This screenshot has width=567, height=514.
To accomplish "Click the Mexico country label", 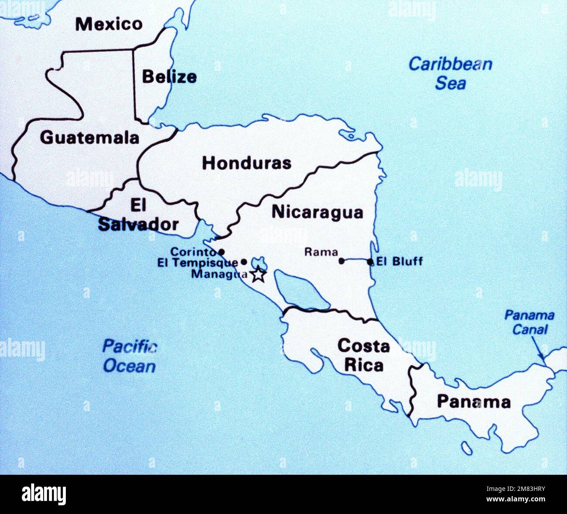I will (x=109, y=24).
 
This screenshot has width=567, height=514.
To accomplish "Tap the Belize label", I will (x=169, y=77).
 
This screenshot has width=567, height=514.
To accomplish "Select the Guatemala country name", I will (x=89, y=138).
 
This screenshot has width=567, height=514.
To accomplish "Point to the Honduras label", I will (x=246, y=163).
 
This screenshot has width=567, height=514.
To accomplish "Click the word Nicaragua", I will (x=317, y=212).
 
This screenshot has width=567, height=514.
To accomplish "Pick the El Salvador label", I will (x=138, y=215).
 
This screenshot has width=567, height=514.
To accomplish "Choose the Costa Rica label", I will (x=363, y=355).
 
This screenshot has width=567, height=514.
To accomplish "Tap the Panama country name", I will (x=474, y=402).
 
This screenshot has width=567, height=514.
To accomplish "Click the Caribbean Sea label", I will (x=450, y=73).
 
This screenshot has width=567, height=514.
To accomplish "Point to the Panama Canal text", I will (x=529, y=322).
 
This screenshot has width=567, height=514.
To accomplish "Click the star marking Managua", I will (x=258, y=275).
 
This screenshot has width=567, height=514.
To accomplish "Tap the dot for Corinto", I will (x=222, y=252).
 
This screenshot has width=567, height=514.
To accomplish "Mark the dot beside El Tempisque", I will (x=244, y=262).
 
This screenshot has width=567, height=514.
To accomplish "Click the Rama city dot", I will (x=342, y=261).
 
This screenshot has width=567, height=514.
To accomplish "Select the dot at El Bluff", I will (x=370, y=262).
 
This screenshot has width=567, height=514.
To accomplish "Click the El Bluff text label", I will (x=400, y=262).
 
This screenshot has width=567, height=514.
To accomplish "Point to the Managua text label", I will (x=219, y=274).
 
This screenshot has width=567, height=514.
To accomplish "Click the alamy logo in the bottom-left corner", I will (x=44, y=494).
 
